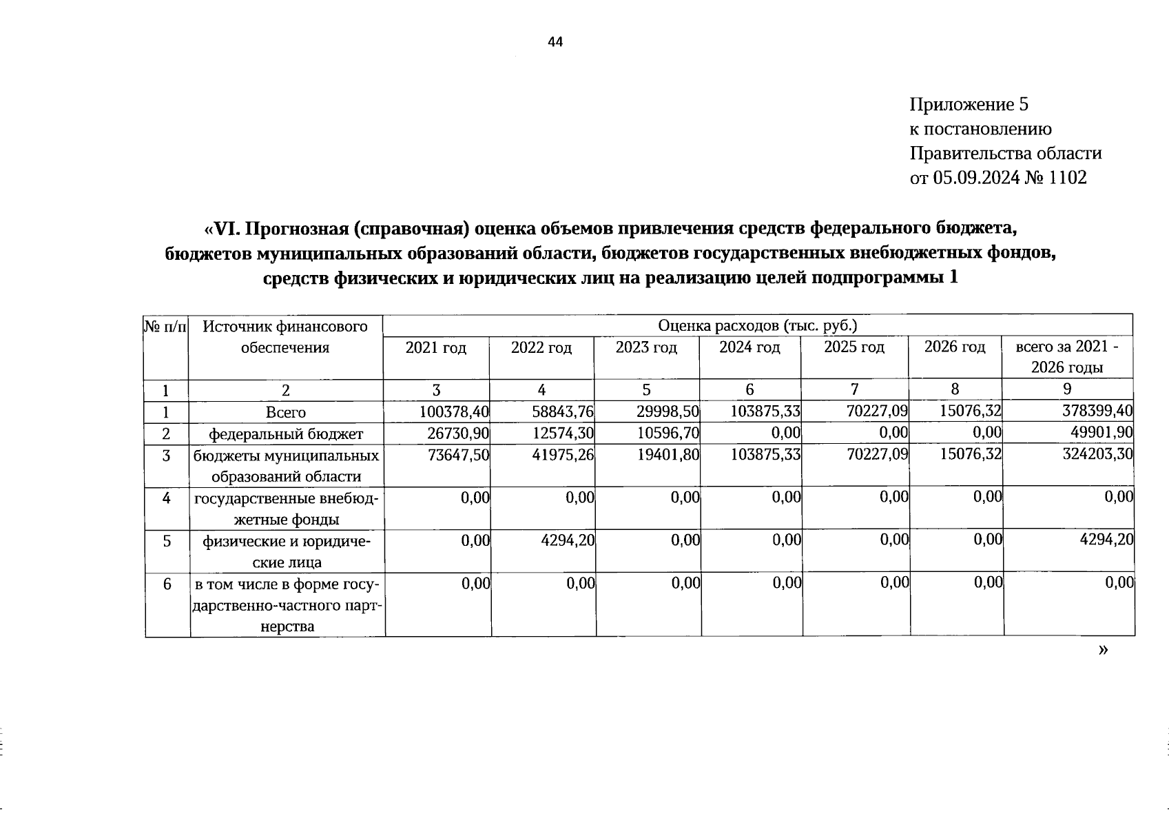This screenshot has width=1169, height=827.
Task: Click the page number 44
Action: (x=555, y=42)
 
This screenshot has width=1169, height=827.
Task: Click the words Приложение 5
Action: (x=969, y=104)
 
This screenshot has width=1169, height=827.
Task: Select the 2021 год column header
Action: (x=436, y=347)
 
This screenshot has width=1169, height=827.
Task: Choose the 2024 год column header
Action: (x=749, y=347)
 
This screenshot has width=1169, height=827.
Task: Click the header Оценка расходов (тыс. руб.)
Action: (x=757, y=325)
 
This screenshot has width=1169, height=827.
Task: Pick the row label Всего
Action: (x=285, y=412)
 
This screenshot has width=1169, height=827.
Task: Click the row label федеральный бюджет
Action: (x=286, y=433)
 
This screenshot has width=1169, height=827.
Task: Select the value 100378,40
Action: (x=454, y=411)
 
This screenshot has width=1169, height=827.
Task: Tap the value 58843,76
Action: (x=563, y=411)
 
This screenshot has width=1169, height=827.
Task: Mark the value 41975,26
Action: (x=563, y=455)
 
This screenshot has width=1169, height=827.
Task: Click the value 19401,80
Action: (x=668, y=455)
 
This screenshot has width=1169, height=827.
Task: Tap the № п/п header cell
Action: (x=165, y=325)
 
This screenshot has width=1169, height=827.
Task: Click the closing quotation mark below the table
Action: (x=1104, y=649)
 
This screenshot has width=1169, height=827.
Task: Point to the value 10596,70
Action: (x=668, y=433)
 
